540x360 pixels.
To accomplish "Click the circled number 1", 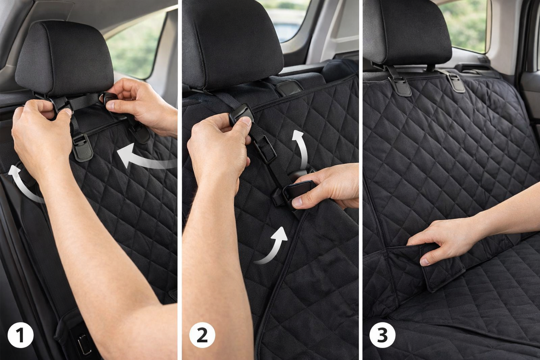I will [x=21, y=335].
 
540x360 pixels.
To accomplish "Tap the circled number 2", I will [x=202, y=335].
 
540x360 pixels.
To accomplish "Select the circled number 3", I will [x=382, y=335].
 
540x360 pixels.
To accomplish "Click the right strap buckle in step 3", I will [x=456, y=83].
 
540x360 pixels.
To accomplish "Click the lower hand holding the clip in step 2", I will [x=325, y=187].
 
